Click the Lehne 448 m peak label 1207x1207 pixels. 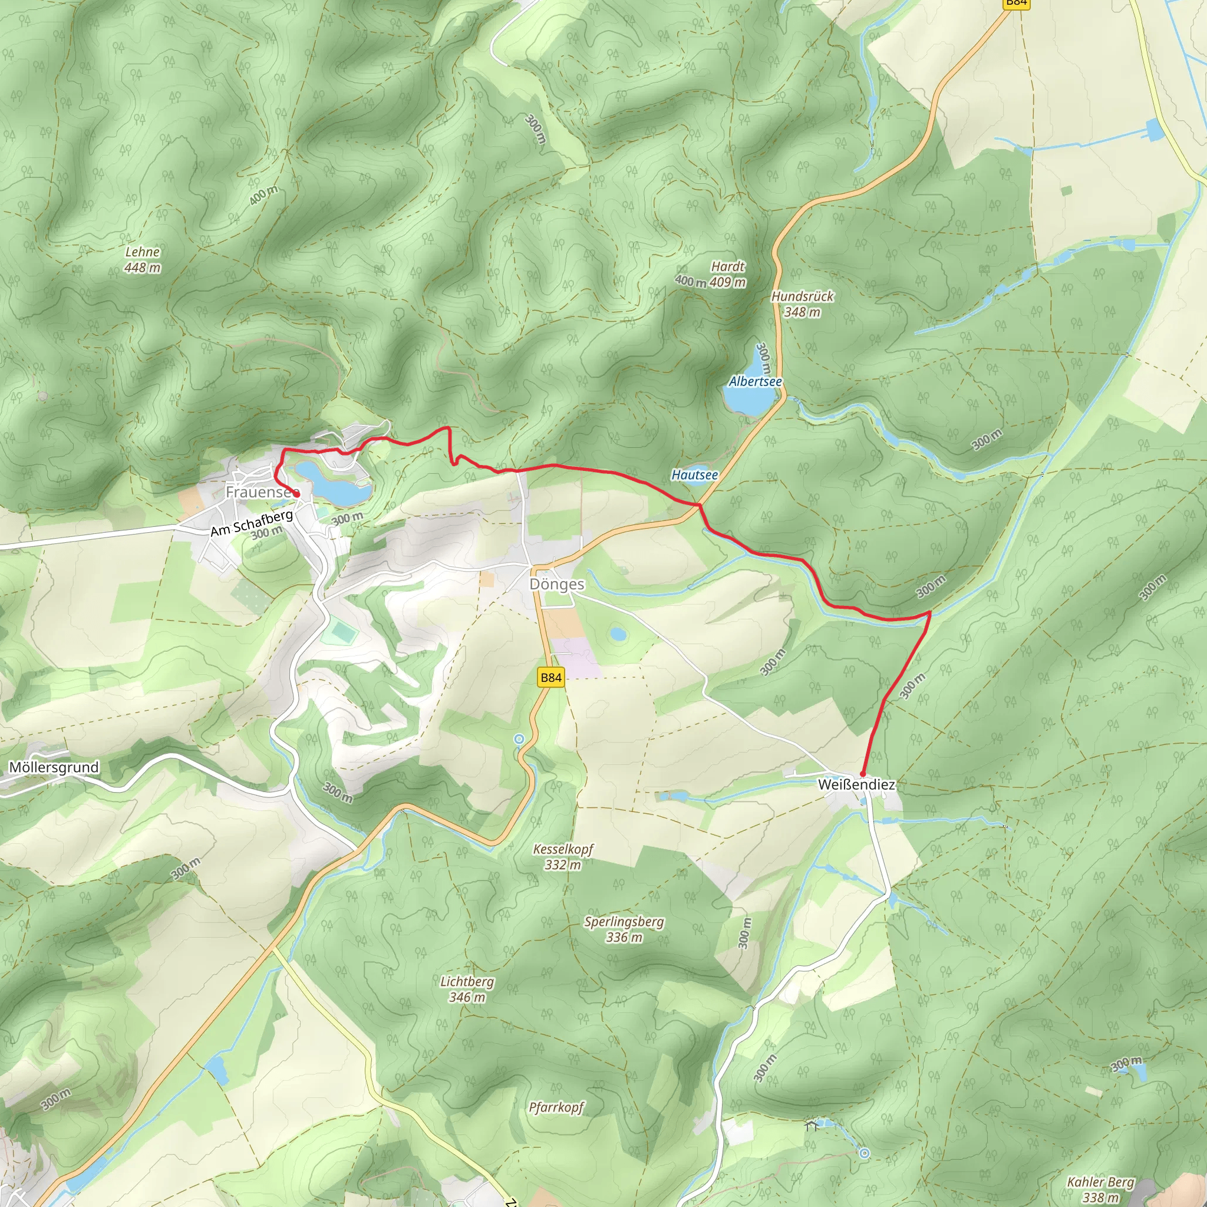(143, 260)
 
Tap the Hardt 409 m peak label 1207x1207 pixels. (728, 274)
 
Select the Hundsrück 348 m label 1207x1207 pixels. (802, 304)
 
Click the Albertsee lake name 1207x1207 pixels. (756, 382)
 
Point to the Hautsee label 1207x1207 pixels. (695, 475)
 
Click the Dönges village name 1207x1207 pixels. (556, 584)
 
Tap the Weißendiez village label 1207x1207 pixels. (856, 784)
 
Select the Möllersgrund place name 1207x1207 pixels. (54, 767)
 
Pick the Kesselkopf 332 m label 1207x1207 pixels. (563, 856)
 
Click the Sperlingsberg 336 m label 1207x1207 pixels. (624, 929)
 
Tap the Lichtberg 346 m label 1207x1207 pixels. (467, 989)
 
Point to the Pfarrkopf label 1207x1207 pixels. (556, 1107)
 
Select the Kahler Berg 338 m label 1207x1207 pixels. (1101, 1189)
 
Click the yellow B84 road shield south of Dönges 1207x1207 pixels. (551, 677)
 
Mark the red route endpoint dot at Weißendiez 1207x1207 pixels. (863, 774)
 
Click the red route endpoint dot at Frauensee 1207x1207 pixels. (298, 494)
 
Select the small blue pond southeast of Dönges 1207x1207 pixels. (618, 634)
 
